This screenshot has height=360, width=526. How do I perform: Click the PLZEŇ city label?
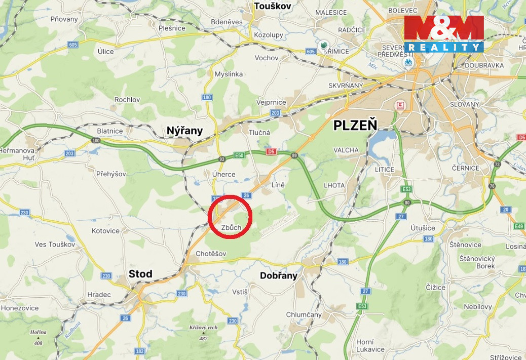[x=355, y=126]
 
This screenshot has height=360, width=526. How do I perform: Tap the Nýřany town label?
[x=184, y=131]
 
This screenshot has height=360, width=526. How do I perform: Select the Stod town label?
[x=140, y=274]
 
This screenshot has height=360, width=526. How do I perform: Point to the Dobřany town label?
[x=278, y=275]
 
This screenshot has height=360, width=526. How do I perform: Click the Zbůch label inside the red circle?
[x=231, y=227]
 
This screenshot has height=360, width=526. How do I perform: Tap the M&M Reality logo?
[x=444, y=34]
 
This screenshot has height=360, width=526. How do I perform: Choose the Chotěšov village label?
[x=211, y=253]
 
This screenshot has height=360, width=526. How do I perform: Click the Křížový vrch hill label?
[x=204, y=328]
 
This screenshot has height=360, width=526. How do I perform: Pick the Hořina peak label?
[x=38, y=332]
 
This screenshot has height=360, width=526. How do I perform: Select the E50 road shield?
[x=239, y=155]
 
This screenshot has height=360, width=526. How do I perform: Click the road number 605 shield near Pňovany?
[x=73, y=45]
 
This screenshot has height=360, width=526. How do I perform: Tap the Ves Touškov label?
[x=55, y=244]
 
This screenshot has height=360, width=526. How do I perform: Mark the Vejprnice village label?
[x=271, y=102]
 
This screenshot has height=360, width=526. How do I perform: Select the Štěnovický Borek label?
[x=477, y=262]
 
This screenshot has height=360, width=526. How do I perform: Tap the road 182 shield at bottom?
[x=140, y=351]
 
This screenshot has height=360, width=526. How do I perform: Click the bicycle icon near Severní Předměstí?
[x=408, y=62]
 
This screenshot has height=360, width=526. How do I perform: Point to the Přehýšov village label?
[x=111, y=174]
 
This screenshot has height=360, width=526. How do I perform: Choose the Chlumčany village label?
[x=304, y=314]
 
